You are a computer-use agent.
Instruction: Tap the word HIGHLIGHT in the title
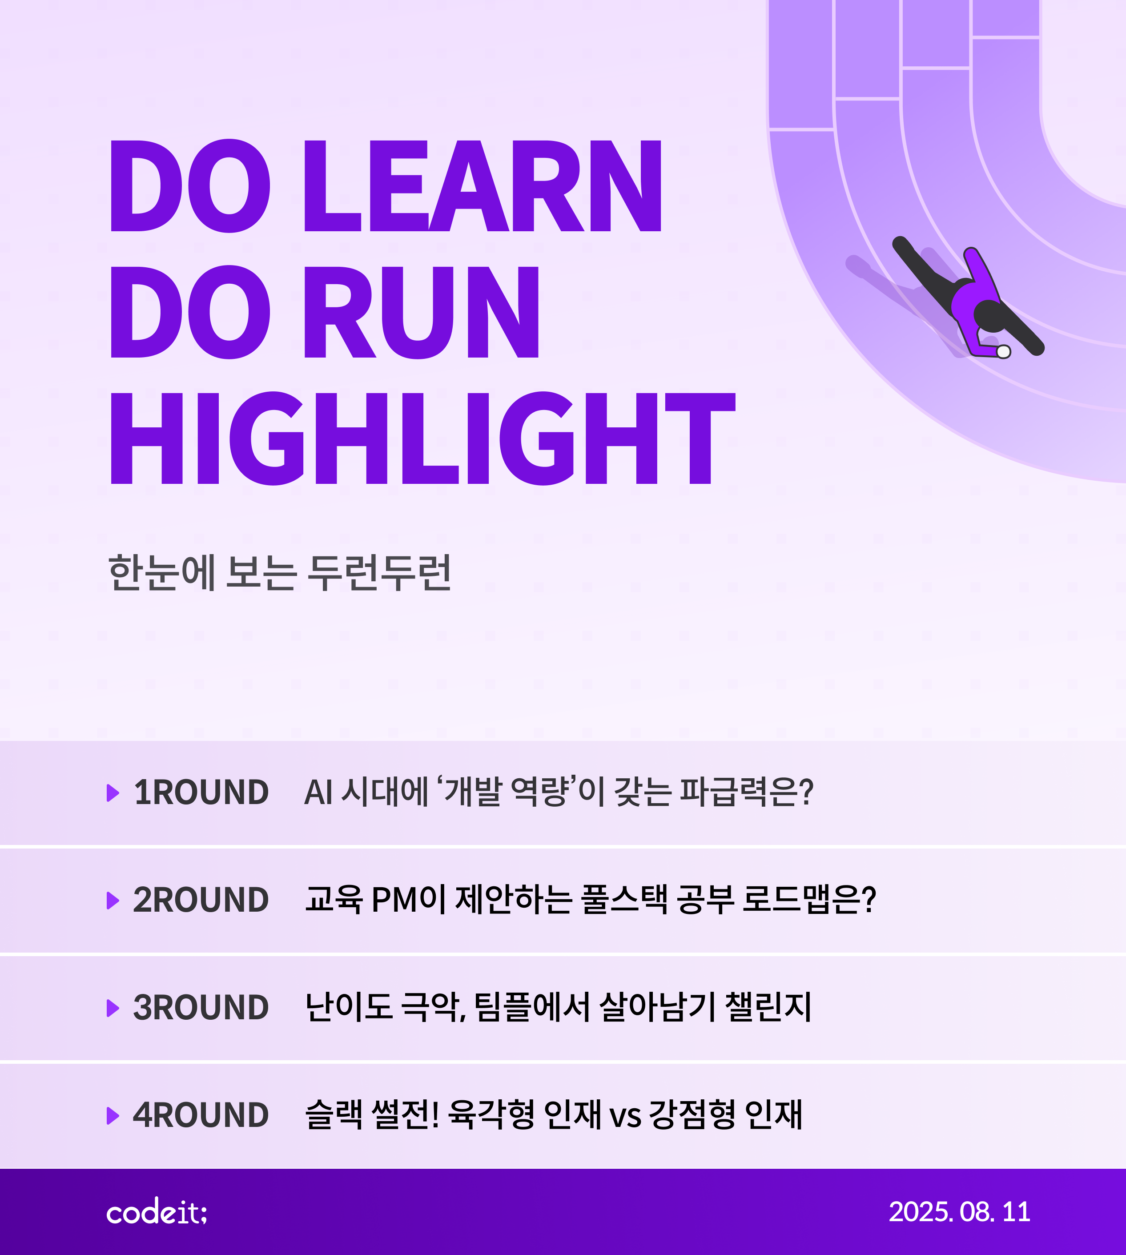[422, 438]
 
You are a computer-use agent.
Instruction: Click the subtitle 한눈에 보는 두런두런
[280, 572]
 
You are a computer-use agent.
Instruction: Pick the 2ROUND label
[201, 900]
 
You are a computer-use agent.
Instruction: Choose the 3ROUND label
[201, 1008]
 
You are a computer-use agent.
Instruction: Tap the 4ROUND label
[201, 1115]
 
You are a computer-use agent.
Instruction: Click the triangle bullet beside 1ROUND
[113, 793]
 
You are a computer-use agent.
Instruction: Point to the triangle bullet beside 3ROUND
[113, 1008]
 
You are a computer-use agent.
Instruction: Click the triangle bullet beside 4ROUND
[113, 1116]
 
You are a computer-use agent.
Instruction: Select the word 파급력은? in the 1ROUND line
[746, 792]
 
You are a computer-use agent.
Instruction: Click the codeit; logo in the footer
[157, 1212]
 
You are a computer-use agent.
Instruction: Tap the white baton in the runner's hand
[1004, 352]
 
